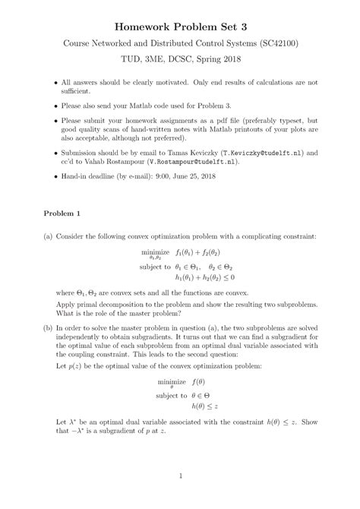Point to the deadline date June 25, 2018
pos(187,176)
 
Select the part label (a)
pos(48,236)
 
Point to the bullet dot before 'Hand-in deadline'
pos(52,176)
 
